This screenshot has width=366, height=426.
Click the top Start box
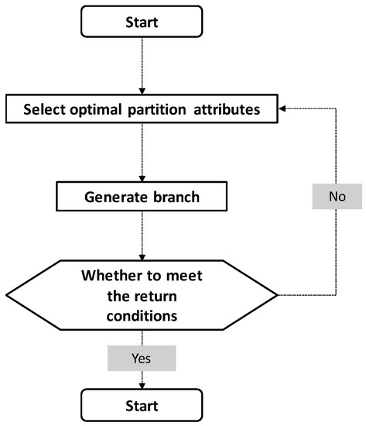pos(142,22)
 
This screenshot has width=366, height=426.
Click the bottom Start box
pos(142,404)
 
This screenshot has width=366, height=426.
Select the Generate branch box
pos(142,197)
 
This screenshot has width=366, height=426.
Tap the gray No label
pos(337,197)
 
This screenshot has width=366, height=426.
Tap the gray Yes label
pos(142,358)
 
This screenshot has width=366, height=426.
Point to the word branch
pos(176,197)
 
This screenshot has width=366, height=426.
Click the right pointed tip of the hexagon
pos(277,295)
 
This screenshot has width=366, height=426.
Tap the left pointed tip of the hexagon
pos(7,295)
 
